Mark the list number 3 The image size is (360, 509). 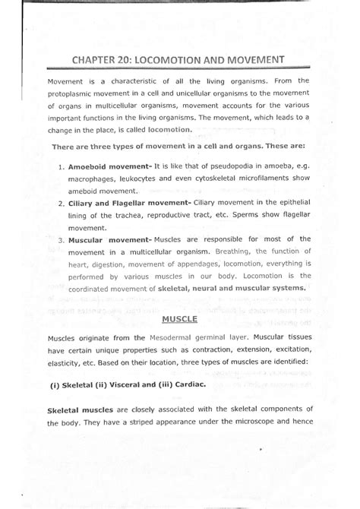59,239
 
